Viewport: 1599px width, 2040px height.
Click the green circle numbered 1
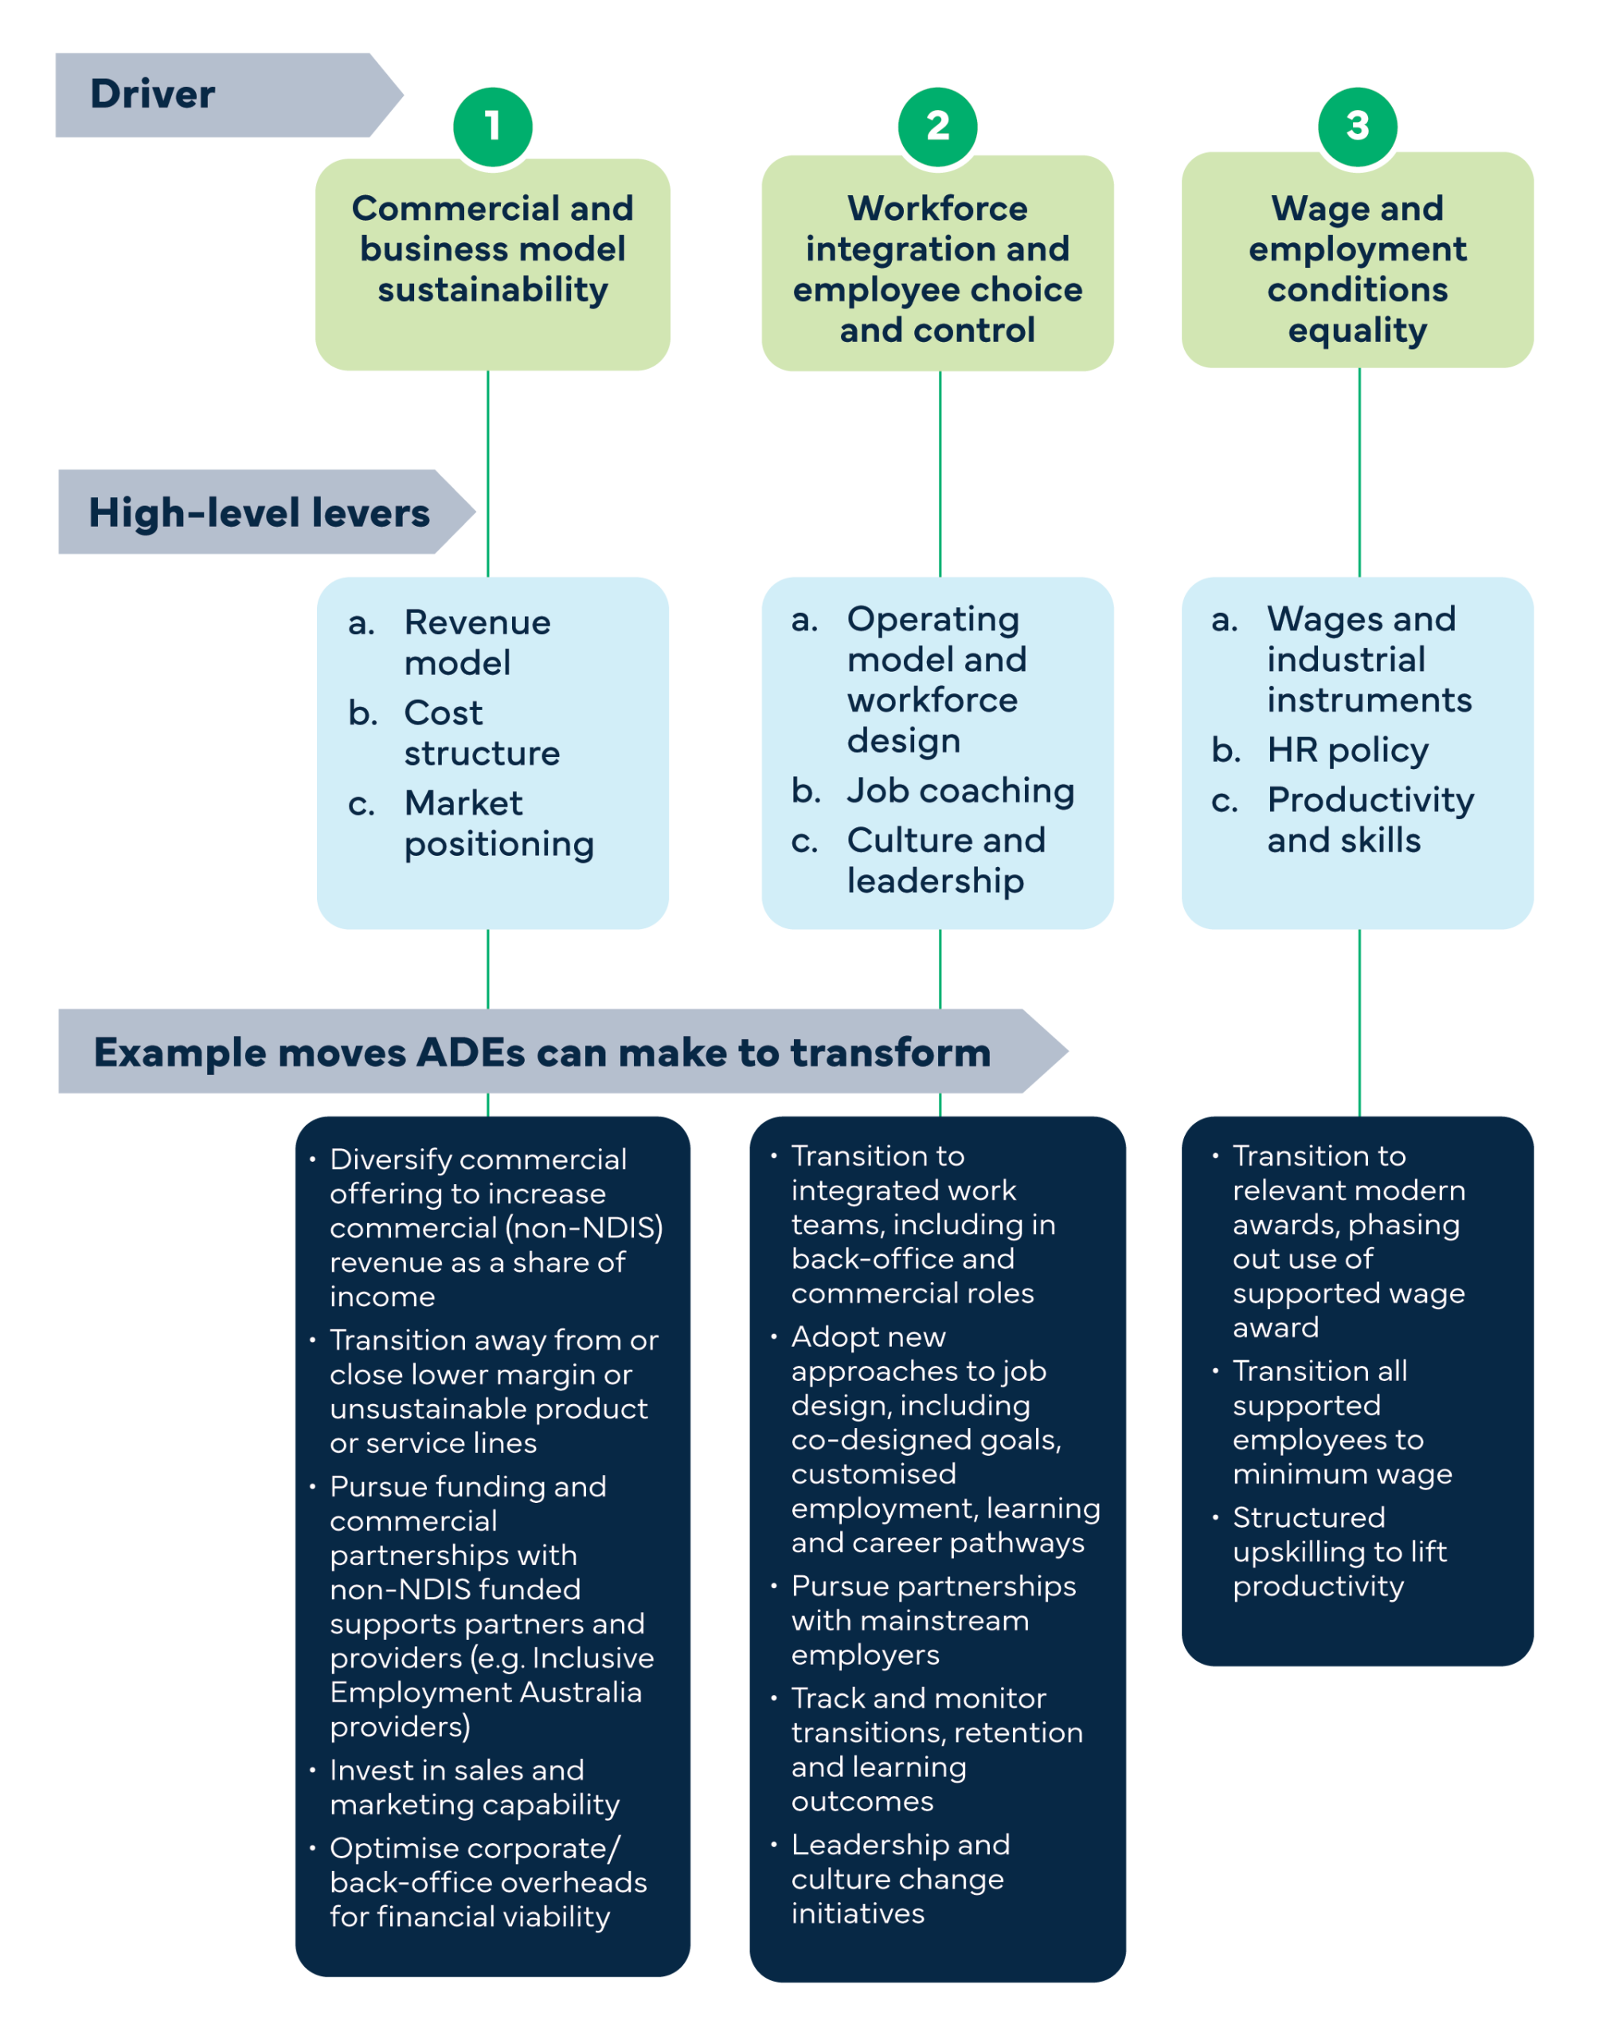coord(492,126)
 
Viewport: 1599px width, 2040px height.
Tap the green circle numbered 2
coord(937,126)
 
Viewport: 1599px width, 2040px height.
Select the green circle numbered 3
coord(1357,126)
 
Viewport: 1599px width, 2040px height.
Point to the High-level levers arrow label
coord(260,512)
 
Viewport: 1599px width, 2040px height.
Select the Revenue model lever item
coord(476,642)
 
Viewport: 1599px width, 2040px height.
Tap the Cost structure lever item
coord(481,732)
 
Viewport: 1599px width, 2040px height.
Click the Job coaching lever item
coord(960,790)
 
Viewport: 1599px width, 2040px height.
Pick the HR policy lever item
coord(1347,749)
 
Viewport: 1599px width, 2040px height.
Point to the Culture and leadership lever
coord(945,860)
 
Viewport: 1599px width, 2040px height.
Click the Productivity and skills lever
coord(1370,819)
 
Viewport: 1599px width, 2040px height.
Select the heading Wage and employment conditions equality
coord(1357,268)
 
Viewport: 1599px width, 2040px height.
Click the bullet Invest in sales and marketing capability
coord(474,1787)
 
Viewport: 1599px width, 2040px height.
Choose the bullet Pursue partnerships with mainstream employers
coord(932,1619)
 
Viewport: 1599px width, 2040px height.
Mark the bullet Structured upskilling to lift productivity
coord(1339,1551)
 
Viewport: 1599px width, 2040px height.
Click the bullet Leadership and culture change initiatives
coord(900,1878)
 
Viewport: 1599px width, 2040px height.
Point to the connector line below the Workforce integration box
coord(940,473)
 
